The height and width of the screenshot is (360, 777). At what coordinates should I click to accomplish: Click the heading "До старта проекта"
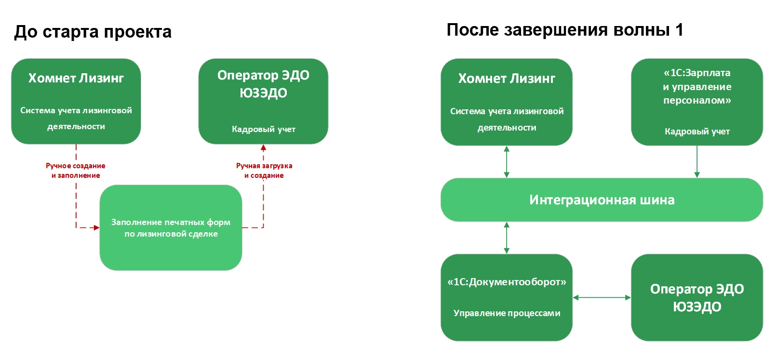[x=93, y=32]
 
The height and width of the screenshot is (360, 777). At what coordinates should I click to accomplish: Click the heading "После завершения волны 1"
[x=564, y=30]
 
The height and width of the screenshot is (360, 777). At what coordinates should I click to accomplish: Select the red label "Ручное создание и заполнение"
[x=76, y=171]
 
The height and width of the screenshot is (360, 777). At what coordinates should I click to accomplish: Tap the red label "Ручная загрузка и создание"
[x=264, y=171]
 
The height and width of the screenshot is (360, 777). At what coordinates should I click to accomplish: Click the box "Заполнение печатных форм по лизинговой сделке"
[x=171, y=227]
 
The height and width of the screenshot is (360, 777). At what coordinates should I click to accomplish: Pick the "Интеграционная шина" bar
[x=602, y=200]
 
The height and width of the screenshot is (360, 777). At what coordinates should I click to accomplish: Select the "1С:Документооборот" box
[x=507, y=297]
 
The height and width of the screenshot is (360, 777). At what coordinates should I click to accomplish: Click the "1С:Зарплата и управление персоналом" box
[x=697, y=102]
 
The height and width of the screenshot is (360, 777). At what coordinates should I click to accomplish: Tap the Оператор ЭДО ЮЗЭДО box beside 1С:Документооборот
[x=697, y=297]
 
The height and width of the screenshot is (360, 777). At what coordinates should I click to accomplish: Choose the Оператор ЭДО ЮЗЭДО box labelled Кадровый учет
[x=263, y=101]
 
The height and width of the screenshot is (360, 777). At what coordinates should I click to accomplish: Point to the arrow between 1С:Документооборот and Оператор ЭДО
[x=602, y=298]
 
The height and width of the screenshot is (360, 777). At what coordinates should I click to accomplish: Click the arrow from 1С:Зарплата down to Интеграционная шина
[x=697, y=162]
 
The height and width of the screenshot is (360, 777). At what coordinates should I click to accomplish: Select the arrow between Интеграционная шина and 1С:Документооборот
[x=507, y=238]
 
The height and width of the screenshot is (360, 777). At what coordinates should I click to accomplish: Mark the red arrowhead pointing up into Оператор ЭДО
[x=263, y=148]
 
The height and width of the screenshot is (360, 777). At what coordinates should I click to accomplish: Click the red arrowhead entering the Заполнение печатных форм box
[x=96, y=227]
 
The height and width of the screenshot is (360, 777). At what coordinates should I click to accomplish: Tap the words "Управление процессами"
[x=507, y=313]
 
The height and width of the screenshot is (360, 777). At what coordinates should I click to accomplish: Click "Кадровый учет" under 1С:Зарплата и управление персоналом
[x=697, y=132]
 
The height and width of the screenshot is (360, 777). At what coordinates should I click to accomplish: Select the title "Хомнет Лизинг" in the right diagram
[x=507, y=79]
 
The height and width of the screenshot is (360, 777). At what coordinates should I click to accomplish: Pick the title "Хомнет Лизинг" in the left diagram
[x=76, y=78]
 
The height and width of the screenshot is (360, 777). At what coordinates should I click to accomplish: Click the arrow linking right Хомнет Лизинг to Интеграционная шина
[x=507, y=162]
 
